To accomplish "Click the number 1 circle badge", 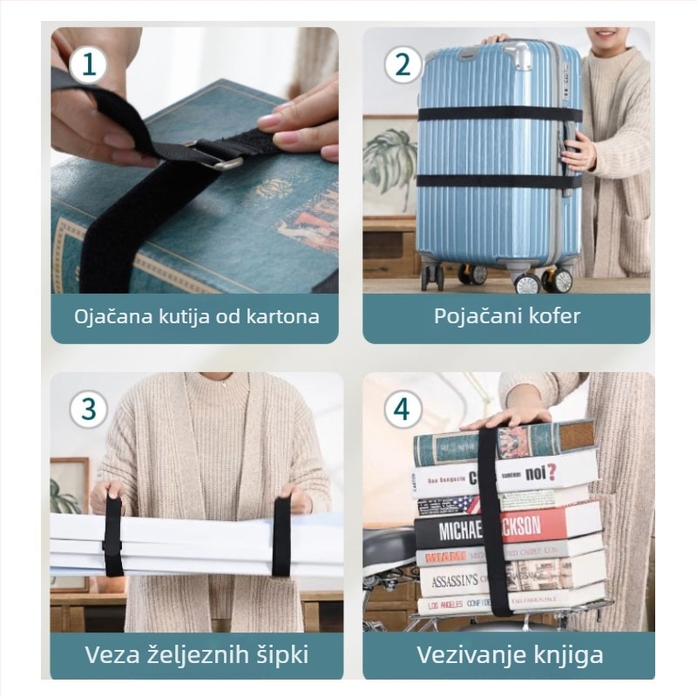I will click(x=89, y=64).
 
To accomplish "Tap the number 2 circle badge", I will click(x=402, y=64).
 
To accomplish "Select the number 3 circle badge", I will click(x=89, y=409).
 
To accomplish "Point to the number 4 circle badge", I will click(x=402, y=409).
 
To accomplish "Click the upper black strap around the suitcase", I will click(x=488, y=114).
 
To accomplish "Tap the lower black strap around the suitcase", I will click(x=488, y=181).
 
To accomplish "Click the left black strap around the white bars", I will click(x=112, y=537).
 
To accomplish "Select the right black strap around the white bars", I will click(x=281, y=537).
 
